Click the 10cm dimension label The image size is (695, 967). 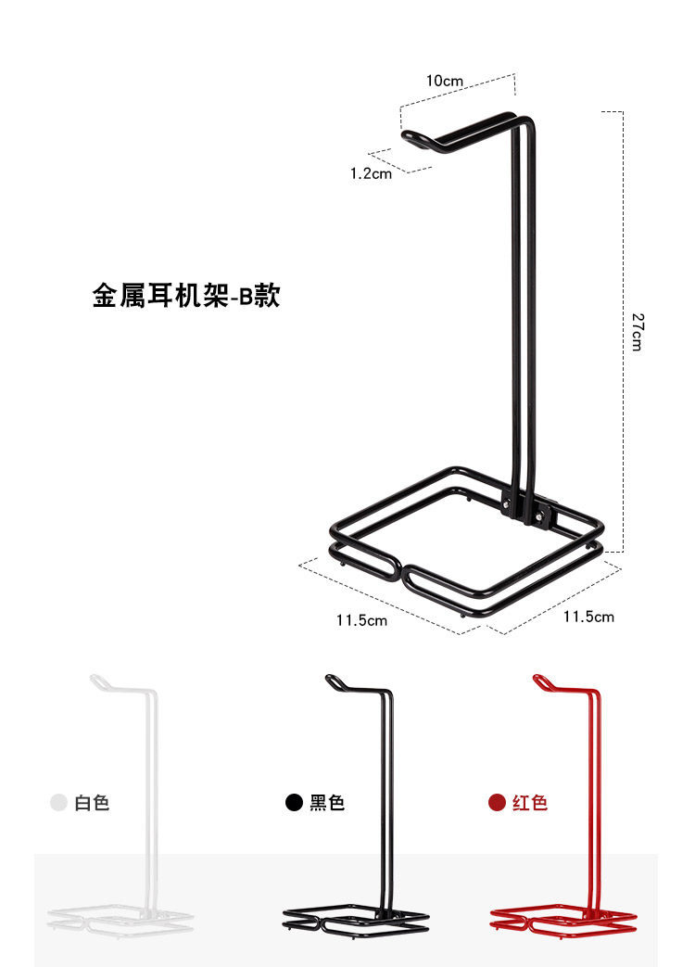tap(444, 81)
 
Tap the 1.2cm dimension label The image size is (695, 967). tap(371, 172)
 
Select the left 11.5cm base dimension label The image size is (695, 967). tap(361, 620)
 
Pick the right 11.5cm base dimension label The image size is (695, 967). tap(588, 617)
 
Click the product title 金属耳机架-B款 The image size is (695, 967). tap(185, 297)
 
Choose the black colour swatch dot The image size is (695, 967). tap(295, 803)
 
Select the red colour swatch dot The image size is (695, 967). tap(498, 803)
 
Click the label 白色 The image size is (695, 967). tap(92, 803)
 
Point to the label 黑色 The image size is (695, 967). tap(327, 803)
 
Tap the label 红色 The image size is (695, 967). tap(530, 803)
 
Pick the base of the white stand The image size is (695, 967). tap(120, 919)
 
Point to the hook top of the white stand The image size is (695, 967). tap(98, 681)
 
